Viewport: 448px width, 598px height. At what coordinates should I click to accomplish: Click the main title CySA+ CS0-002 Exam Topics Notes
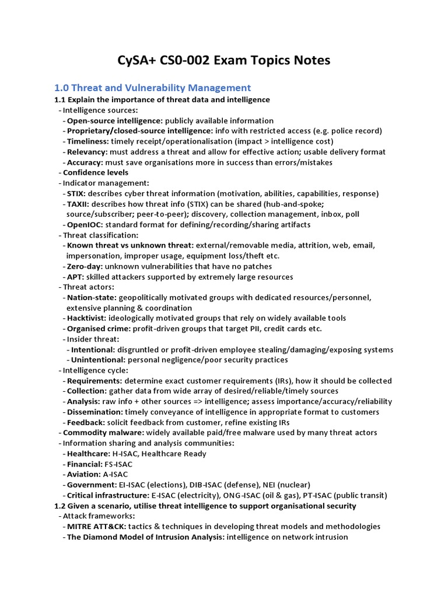click(223, 60)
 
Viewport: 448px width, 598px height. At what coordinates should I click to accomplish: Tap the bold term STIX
click(75, 193)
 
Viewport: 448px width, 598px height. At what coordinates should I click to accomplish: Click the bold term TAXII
click(78, 204)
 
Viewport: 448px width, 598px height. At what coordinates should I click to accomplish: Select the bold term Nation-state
click(91, 298)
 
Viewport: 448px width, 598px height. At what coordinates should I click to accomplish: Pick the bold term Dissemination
click(93, 412)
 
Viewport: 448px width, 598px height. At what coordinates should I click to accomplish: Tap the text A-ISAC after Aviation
click(116, 475)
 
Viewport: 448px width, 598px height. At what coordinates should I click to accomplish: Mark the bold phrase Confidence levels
click(96, 173)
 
